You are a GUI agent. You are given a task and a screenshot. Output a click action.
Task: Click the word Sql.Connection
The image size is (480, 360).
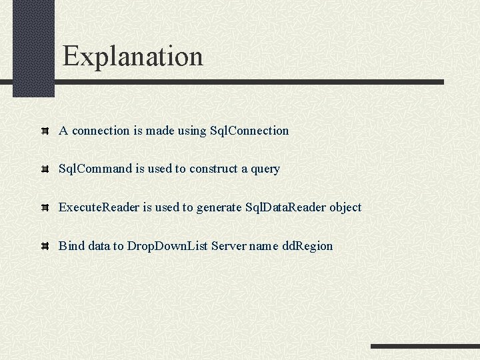(x=249, y=131)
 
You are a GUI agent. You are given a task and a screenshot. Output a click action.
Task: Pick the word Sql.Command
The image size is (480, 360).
(x=95, y=169)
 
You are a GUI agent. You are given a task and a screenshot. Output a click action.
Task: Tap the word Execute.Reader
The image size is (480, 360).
(x=99, y=207)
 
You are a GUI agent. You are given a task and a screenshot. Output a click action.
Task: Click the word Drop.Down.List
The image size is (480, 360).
(x=167, y=246)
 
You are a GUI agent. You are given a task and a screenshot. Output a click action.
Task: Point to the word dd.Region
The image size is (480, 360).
(x=307, y=246)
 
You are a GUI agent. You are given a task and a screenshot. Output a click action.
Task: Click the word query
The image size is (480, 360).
(x=265, y=169)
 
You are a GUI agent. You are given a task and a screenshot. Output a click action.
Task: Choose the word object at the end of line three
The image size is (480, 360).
(x=345, y=207)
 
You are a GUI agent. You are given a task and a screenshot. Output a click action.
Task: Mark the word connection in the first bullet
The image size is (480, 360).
(x=101, y=131)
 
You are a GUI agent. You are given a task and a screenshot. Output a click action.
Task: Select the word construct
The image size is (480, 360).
(x=213, y=169)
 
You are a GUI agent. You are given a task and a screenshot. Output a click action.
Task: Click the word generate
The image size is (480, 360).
(x=219, y=208)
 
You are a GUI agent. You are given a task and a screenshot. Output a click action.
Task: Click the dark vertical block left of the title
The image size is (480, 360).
(x=33, y=47)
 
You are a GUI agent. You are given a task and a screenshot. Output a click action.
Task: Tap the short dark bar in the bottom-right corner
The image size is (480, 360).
(x=425, y=346)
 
